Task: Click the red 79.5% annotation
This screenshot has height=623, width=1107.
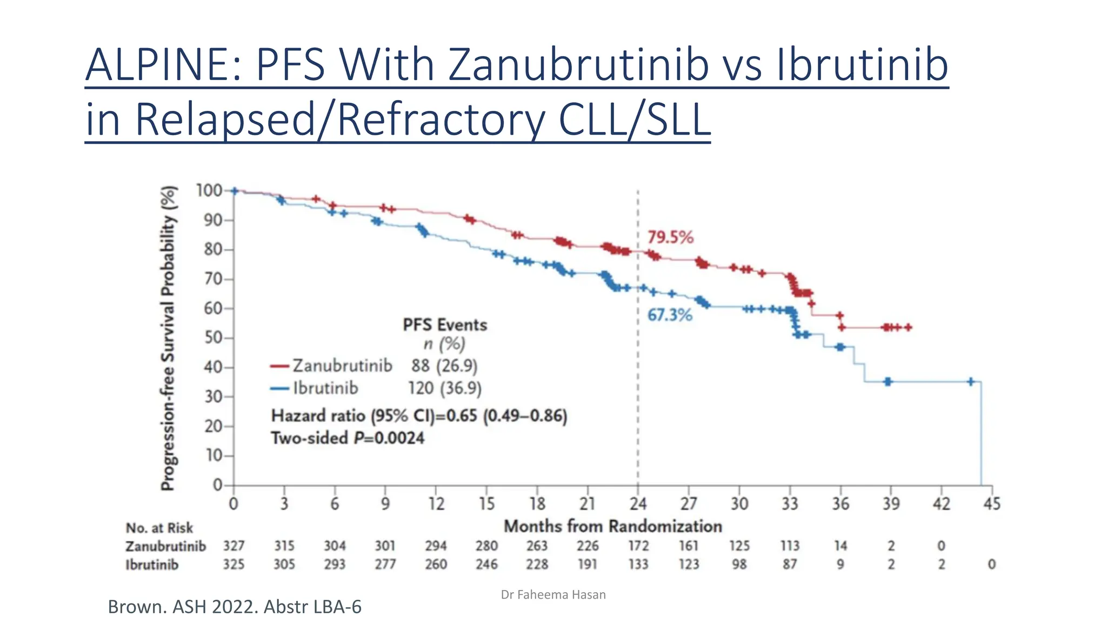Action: [670, 237]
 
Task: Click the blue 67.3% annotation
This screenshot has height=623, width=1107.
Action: [670, 315]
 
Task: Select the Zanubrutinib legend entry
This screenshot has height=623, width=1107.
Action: [342, 366]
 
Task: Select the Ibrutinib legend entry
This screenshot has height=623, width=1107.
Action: [325, 388]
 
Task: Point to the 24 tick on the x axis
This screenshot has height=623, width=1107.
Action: [638, 504]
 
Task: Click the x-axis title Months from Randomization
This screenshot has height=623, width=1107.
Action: [612, 526]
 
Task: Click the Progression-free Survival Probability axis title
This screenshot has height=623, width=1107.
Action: [169, 338]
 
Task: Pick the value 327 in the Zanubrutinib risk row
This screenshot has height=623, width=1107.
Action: [234, 546]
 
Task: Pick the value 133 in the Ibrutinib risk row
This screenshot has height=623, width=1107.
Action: [638, 564]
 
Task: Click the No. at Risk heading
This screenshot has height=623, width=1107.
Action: [159, 528]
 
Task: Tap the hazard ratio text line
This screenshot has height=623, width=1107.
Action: [419, 416]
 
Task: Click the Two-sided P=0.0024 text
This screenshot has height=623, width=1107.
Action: [348, 438]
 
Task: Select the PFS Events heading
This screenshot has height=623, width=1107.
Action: [444, 325]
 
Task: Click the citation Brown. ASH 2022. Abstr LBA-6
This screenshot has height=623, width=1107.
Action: [235, 607]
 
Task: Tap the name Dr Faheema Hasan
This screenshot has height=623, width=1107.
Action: [553, 595]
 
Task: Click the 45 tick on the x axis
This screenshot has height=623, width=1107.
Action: [991, 504]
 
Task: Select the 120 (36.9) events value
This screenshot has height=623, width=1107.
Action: [444, 388]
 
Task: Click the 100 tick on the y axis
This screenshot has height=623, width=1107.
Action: [209, 190]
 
